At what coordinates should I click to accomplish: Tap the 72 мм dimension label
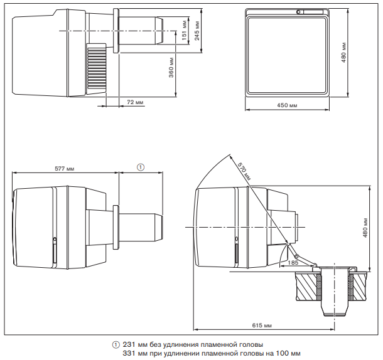tap(134, 101)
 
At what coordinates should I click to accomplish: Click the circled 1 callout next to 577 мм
tap(141, 167)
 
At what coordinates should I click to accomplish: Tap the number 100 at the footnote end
tap(282, 353)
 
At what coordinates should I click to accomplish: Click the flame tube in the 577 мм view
tap(141, 226)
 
